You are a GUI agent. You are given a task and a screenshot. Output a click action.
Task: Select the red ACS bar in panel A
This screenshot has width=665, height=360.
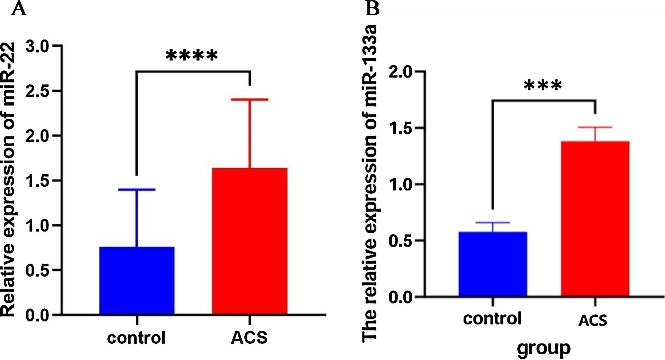point(250,241)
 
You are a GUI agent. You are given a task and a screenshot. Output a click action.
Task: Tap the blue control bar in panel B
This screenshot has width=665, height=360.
point(493,264)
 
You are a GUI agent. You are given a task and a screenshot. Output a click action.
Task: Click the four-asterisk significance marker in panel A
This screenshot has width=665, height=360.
point(192,55)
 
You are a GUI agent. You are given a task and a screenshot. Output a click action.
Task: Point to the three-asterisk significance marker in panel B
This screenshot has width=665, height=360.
point(543,86)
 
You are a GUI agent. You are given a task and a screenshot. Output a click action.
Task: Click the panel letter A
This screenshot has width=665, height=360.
point(19,9)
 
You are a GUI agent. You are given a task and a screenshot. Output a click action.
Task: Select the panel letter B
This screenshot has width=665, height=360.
point(372,9)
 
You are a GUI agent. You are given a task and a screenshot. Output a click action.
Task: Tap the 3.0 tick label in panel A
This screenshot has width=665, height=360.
point(37,46)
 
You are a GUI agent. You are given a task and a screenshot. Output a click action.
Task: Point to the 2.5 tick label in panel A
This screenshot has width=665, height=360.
point(37,91)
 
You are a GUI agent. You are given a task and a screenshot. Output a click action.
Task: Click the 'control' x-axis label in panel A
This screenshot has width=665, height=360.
point(136,338)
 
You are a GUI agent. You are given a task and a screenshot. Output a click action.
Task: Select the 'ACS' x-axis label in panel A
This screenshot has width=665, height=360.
point(249,338)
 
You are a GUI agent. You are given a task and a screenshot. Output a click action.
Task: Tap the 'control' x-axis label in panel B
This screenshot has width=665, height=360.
point(492,318)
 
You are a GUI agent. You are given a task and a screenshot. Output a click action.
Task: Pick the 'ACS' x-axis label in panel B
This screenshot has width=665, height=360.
point(593,320)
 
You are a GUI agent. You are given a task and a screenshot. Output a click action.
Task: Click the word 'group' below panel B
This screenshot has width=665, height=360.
point(544,348)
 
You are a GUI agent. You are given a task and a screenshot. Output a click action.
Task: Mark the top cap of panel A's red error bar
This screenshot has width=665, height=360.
point(250,99)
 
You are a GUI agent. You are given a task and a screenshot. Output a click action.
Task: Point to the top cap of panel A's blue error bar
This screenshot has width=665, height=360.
point(137,189)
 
